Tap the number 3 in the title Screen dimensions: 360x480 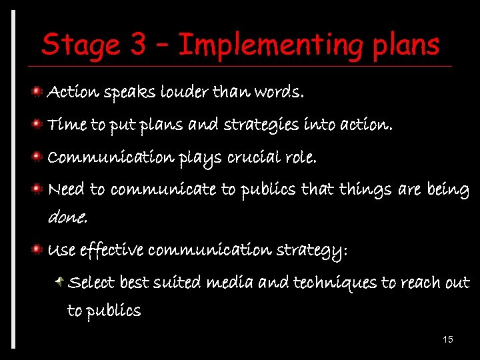click(x=139, y=45)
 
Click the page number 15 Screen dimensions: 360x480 click(x=448, y=340)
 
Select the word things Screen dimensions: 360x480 click(x=365, y=189)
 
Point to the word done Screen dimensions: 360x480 click(x=67, y=217)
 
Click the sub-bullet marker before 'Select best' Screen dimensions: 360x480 click(x=61, y=281)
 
